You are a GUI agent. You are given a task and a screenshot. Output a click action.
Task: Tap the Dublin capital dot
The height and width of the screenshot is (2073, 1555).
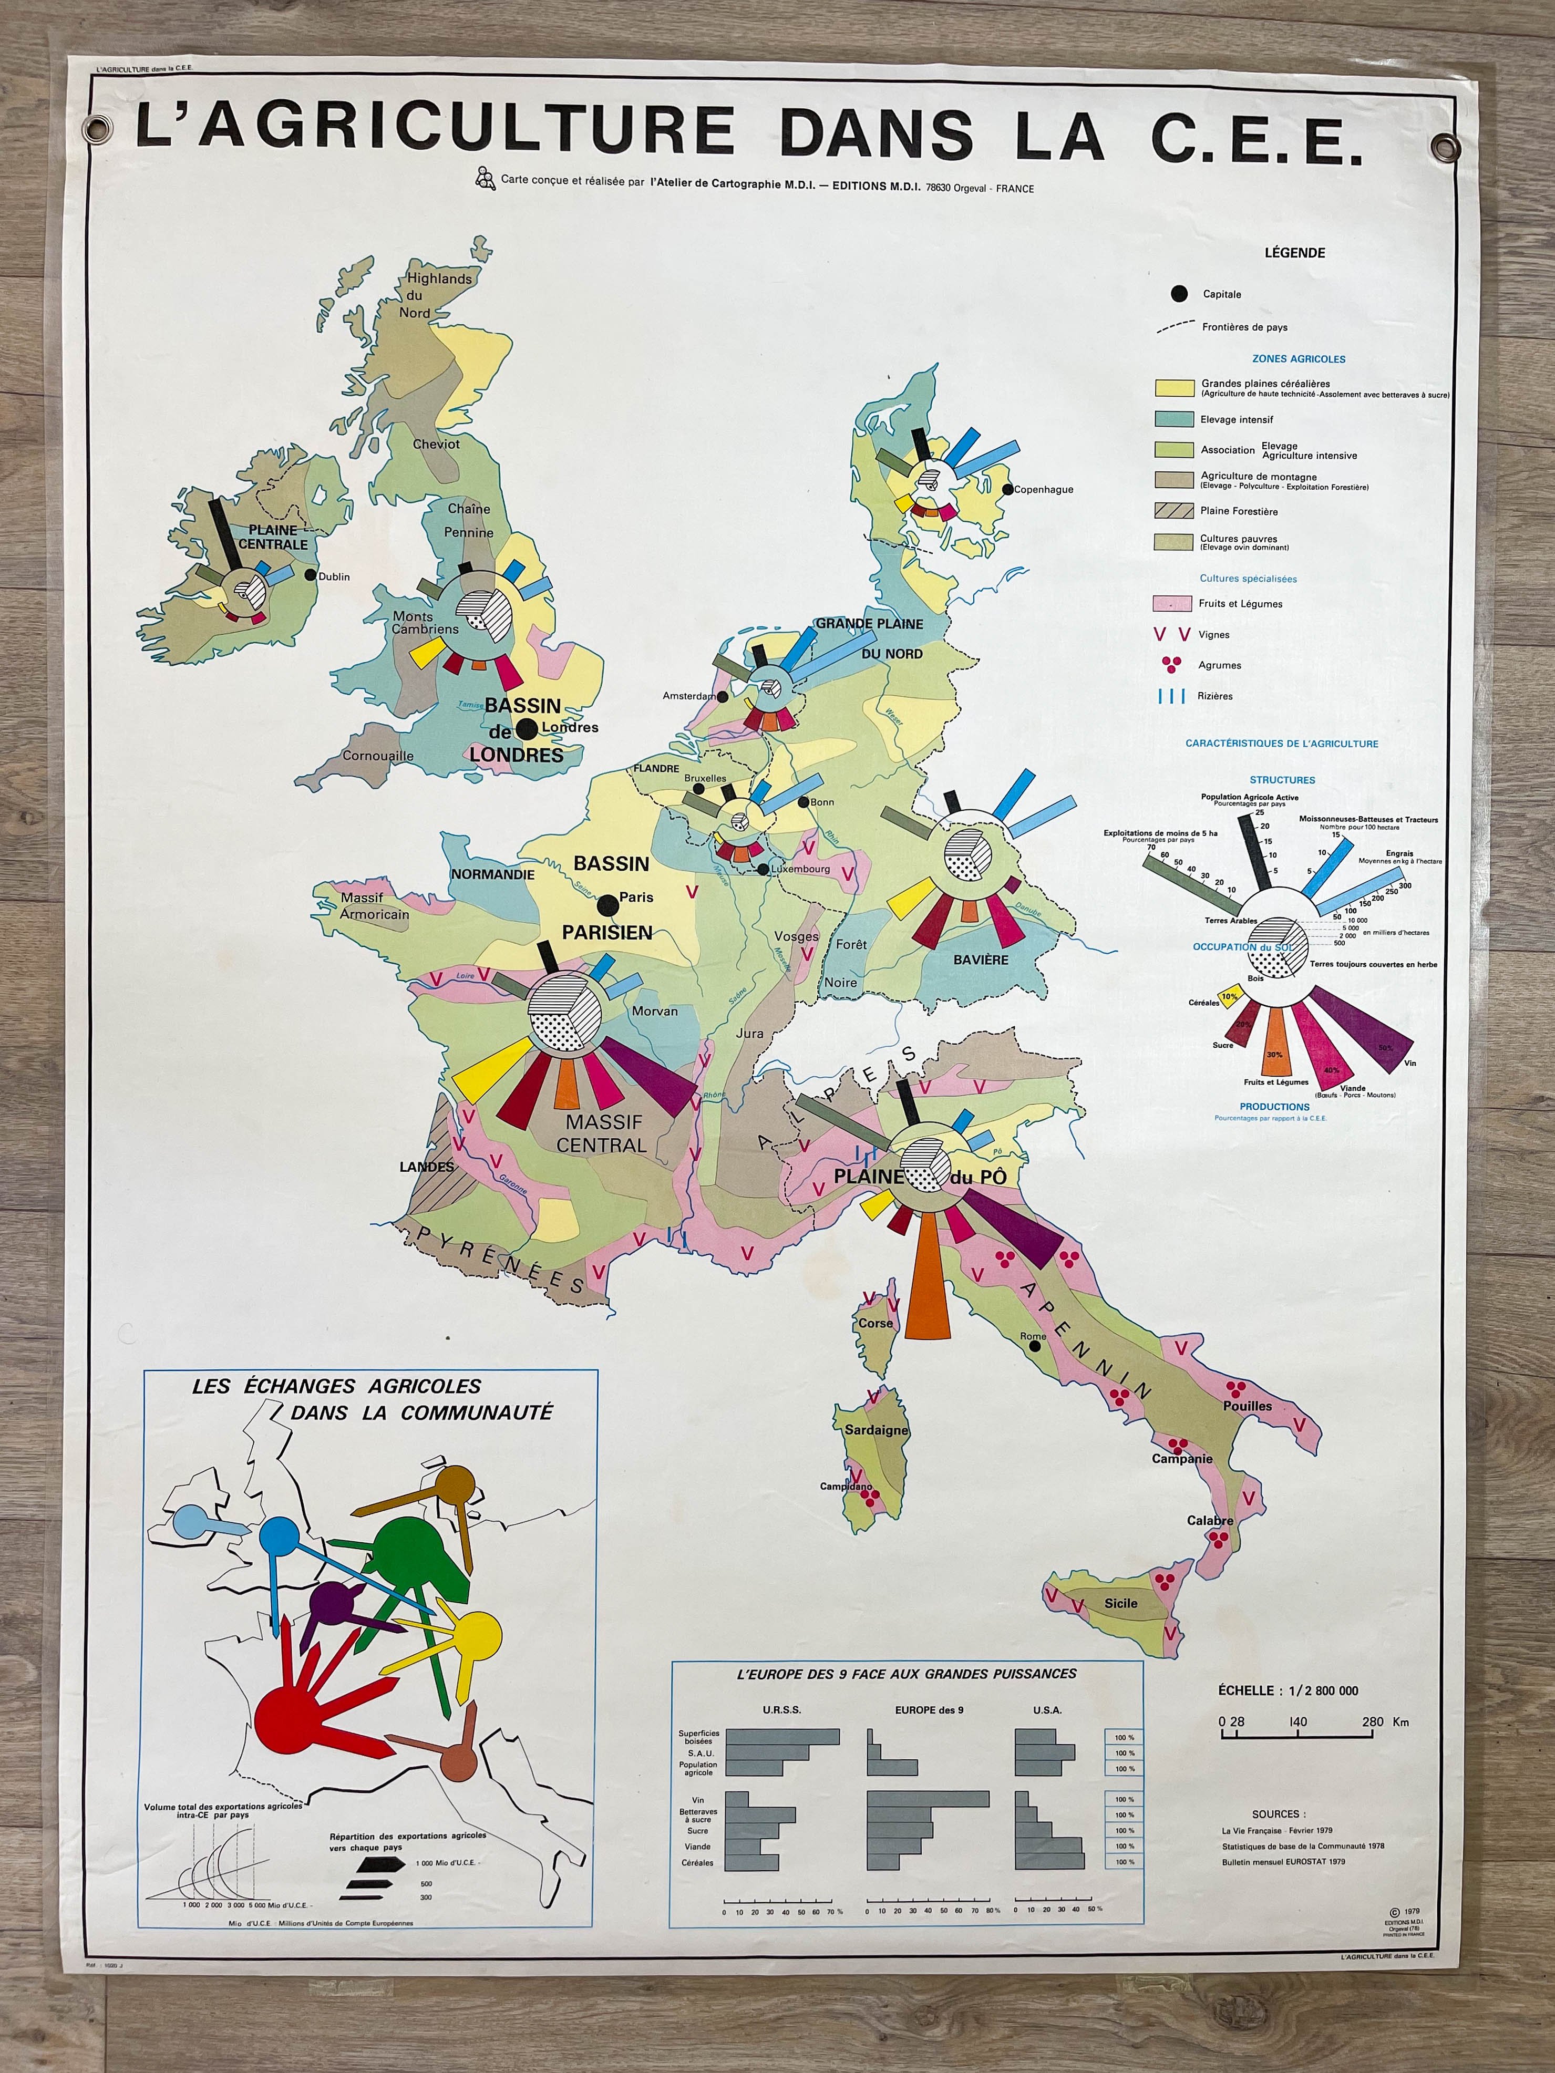tap(310, 575)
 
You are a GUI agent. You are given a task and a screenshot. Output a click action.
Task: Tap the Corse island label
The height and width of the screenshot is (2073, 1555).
tap(876, 1323)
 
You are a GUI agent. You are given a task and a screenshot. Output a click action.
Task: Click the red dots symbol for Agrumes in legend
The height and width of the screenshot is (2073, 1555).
tap(1171, 664)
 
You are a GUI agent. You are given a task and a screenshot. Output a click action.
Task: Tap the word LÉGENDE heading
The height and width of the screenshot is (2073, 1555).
tap(1294, 252)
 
